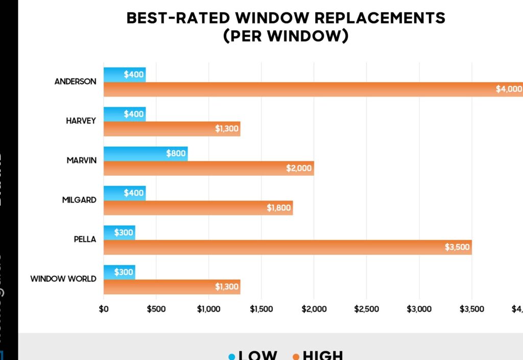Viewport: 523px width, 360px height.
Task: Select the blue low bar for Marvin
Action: (x=146, y=154)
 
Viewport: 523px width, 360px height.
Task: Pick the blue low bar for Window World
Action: (x=119, y=272)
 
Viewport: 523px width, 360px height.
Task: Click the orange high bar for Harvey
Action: (x=172, y=129)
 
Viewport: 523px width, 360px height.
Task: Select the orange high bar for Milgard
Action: (x=198, y=208)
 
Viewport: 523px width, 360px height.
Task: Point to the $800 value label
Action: (x=175, y=154)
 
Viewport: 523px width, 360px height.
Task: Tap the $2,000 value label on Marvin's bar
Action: (x=299, y=169)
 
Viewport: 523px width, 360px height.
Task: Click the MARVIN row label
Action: (x=81, y=160)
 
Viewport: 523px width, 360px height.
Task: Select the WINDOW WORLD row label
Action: (x=63, y=279)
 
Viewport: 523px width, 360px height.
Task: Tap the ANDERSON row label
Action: (x=75, y=81)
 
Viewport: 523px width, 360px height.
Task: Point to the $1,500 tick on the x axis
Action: (x=261, y=308)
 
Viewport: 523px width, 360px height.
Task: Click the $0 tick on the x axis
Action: (x=104, y=308)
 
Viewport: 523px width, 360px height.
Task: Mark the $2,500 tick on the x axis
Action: (x=366, y=308)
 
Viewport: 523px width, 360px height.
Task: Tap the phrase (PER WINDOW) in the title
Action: (x=286, y=37)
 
